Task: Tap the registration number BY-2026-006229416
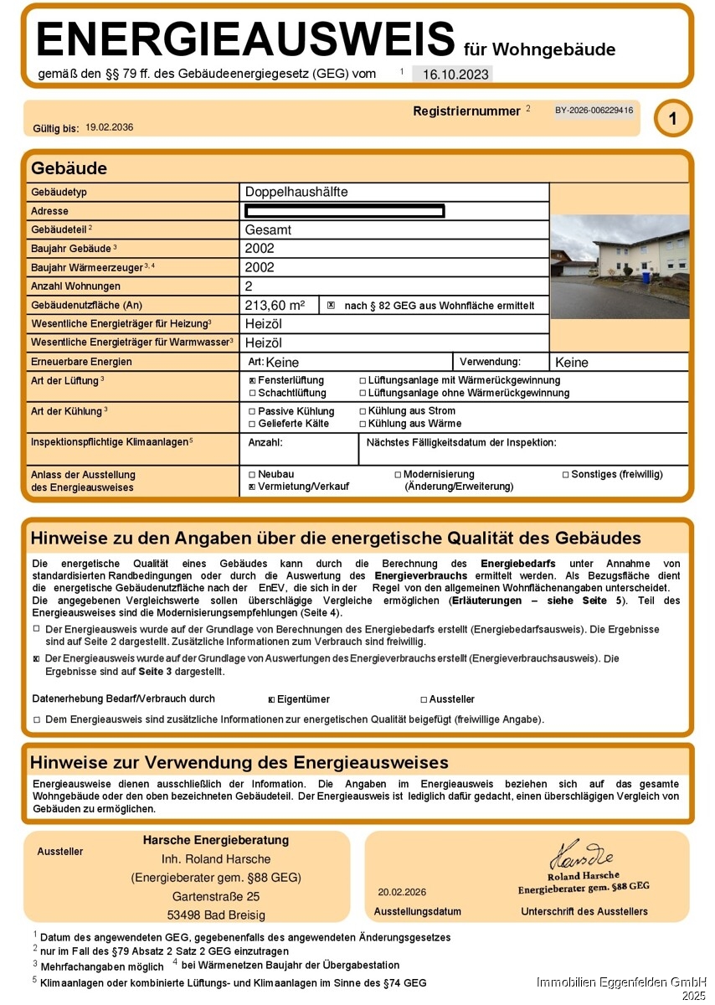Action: pos(594,111)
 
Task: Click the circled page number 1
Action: pos(673,119)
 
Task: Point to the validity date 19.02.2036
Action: pos(110,127)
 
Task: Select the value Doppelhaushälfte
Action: pos(296,192)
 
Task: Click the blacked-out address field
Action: pos(344,211)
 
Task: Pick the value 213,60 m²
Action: pos(275,306)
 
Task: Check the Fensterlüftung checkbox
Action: pos(253,380)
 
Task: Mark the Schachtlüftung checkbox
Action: pos(253,393)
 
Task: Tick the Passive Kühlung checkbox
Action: pos(253,411)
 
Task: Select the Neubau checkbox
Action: pos(253,474)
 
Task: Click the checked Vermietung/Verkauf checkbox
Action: pos(253,487)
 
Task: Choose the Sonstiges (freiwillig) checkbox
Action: pos(565,474)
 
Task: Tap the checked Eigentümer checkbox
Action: pos(271,699)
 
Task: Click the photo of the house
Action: pos(620,266)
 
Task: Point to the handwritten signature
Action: pos(581,855)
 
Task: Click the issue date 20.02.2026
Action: pos(402,892)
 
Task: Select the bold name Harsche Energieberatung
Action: pos(216,840)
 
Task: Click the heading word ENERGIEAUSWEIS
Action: pos(245,40)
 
